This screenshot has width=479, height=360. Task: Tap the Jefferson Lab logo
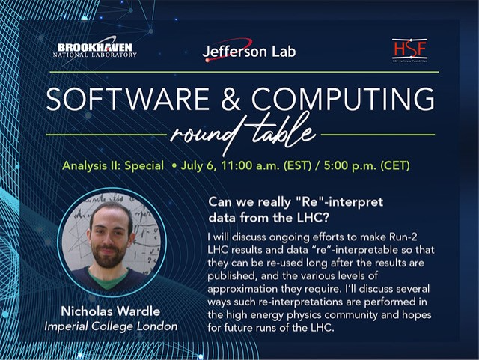pos(249,51)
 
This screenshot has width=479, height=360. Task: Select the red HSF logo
pos(409,50)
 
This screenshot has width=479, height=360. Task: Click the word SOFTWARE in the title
pos(127,99)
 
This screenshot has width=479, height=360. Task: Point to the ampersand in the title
pos(231,99)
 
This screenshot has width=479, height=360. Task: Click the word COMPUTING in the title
pos(343,99)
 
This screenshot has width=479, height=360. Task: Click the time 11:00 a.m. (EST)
pos(266,165)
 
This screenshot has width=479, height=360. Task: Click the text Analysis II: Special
pos(113,165)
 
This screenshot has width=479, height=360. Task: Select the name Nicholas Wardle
pos(111,311)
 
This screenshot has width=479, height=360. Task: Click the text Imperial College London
pos(111,326)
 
